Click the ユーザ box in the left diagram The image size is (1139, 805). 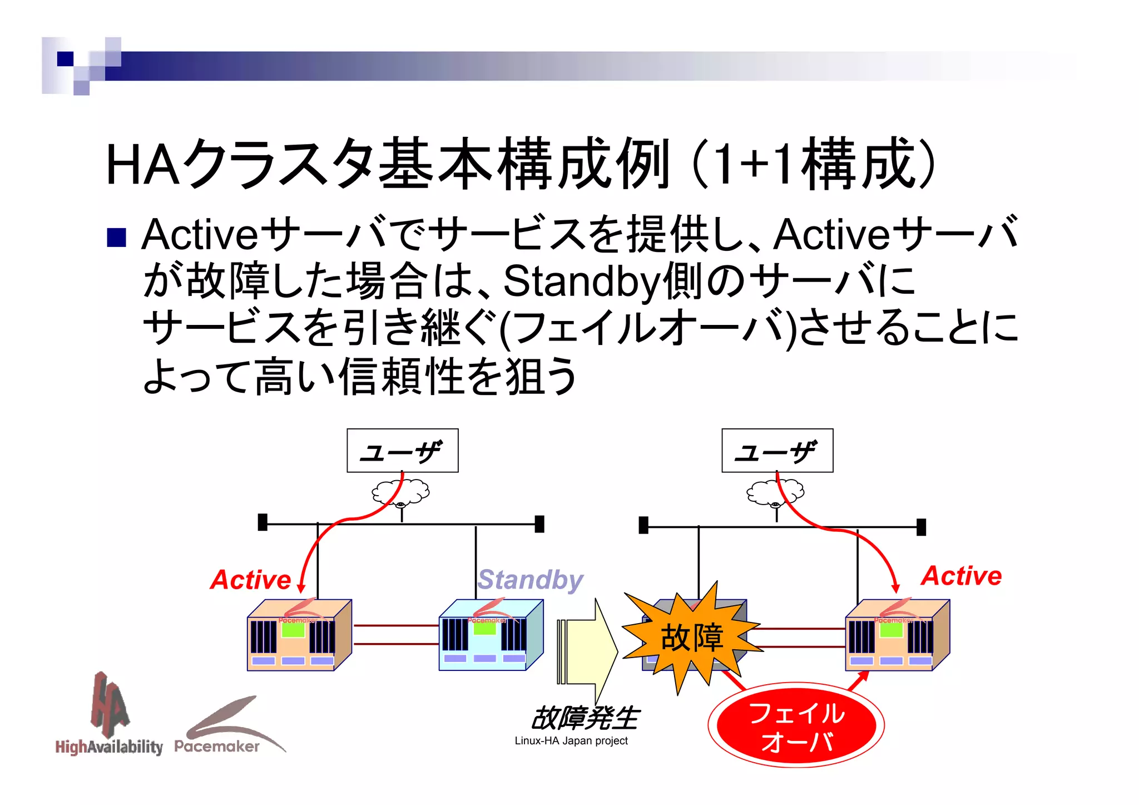[402, 450]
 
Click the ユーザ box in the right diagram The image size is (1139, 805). [777, 450]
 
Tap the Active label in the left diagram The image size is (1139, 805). [251, 580]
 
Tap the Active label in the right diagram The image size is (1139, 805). [962, 575]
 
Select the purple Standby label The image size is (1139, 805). [530, 580]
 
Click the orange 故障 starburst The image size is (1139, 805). [691, 637]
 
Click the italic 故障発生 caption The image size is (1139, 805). [585, 718]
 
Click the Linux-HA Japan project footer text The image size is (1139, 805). [571, 741]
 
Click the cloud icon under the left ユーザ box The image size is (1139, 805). [400, 492]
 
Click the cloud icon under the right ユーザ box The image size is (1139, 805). [775, 492]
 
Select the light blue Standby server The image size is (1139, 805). [489, 635]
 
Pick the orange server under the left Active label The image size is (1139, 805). [299, 635]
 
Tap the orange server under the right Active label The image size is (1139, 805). [897, 635]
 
